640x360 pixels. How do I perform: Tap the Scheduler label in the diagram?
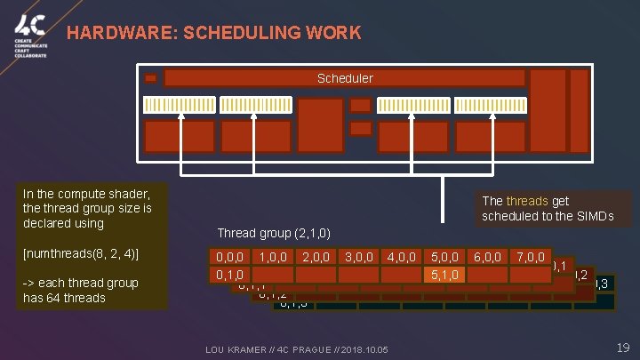(345, 78)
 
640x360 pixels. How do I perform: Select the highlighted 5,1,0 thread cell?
(444, 275)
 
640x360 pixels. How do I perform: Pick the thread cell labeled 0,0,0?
(231, 257)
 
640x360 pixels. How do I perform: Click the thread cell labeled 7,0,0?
(531, 257)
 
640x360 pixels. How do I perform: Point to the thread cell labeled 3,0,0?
(359, 257)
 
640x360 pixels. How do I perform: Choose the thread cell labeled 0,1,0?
(231, 275)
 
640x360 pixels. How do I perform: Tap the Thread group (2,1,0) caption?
(274, 233)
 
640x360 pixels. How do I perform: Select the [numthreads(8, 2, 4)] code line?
(79, 255)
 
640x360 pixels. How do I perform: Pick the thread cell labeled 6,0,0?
(488, 257)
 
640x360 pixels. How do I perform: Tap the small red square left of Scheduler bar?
(150, 78)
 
